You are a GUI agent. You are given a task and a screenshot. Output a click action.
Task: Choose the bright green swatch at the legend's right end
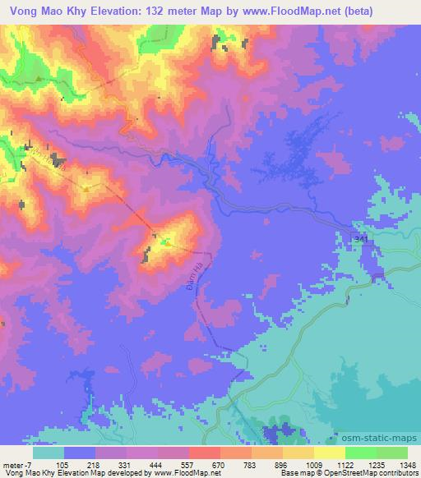pyautogui.click(x=392, y=453)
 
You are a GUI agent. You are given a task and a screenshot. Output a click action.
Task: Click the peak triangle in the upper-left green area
pyautogui.click(x=38, y=79)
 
